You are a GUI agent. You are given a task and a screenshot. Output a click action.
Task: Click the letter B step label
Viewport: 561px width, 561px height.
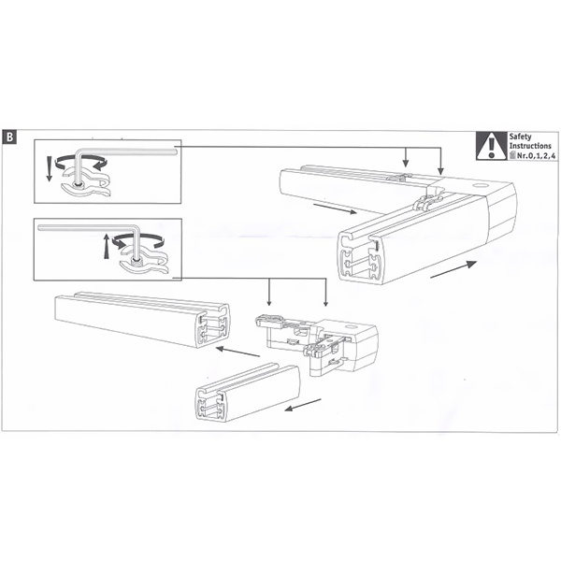pos(9,137)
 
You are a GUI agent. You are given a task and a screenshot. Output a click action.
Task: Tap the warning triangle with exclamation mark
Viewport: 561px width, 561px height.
pos(491,147)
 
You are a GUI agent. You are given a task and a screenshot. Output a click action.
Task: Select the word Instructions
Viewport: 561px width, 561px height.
pos(530,146)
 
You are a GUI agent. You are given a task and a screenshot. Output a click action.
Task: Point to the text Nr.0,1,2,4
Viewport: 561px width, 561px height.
pos(533,155)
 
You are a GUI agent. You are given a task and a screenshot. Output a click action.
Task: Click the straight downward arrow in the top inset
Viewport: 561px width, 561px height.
pos(50,167)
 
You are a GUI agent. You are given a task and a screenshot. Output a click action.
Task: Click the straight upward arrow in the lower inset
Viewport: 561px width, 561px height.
pos(106,246)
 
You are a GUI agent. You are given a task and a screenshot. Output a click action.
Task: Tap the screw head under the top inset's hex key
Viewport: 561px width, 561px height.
pos(78,184)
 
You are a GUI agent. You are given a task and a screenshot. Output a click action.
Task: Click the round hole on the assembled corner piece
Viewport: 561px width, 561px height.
pos(480,186)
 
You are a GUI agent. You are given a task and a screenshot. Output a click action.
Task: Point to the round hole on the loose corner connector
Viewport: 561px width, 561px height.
pos(351,327)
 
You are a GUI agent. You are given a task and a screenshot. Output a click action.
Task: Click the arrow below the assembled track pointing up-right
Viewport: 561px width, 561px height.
pos(453,269)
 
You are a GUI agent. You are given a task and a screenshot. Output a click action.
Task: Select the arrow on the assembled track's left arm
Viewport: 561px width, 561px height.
pos(335,209)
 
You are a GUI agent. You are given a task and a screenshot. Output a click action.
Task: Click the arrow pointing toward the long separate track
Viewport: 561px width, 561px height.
pos(237,352)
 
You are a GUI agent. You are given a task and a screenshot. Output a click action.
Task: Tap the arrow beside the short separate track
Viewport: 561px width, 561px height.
pos(303,405)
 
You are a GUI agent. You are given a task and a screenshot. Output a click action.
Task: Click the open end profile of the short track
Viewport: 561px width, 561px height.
pos(212,403)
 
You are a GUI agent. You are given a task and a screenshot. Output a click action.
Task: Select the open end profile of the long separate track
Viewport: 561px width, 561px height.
pos(212,326)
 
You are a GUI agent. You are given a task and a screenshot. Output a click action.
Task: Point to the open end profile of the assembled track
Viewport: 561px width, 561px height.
pos(361,258)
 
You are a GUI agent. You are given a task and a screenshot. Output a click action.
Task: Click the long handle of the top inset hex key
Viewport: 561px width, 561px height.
pos(129,151)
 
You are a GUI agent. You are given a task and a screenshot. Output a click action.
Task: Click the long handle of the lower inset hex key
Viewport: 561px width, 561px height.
pos(86,227)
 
